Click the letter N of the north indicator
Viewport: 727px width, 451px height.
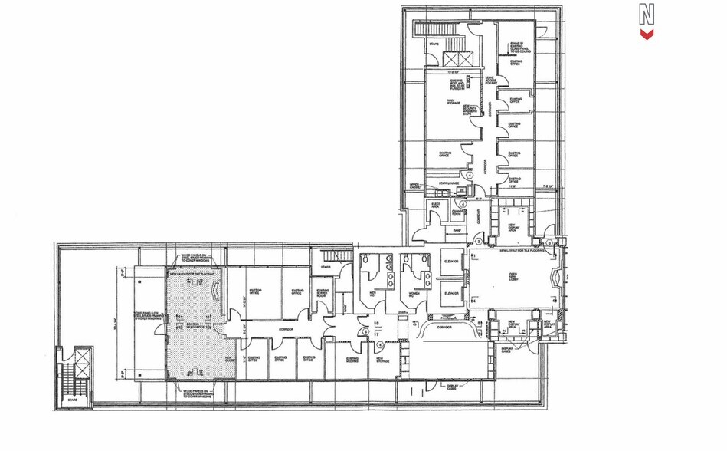tap(647, 14)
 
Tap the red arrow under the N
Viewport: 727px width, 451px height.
tap(647, 34)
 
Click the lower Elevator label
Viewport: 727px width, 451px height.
tap(451, 294)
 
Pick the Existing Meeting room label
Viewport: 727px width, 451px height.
tap(352, 359)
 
